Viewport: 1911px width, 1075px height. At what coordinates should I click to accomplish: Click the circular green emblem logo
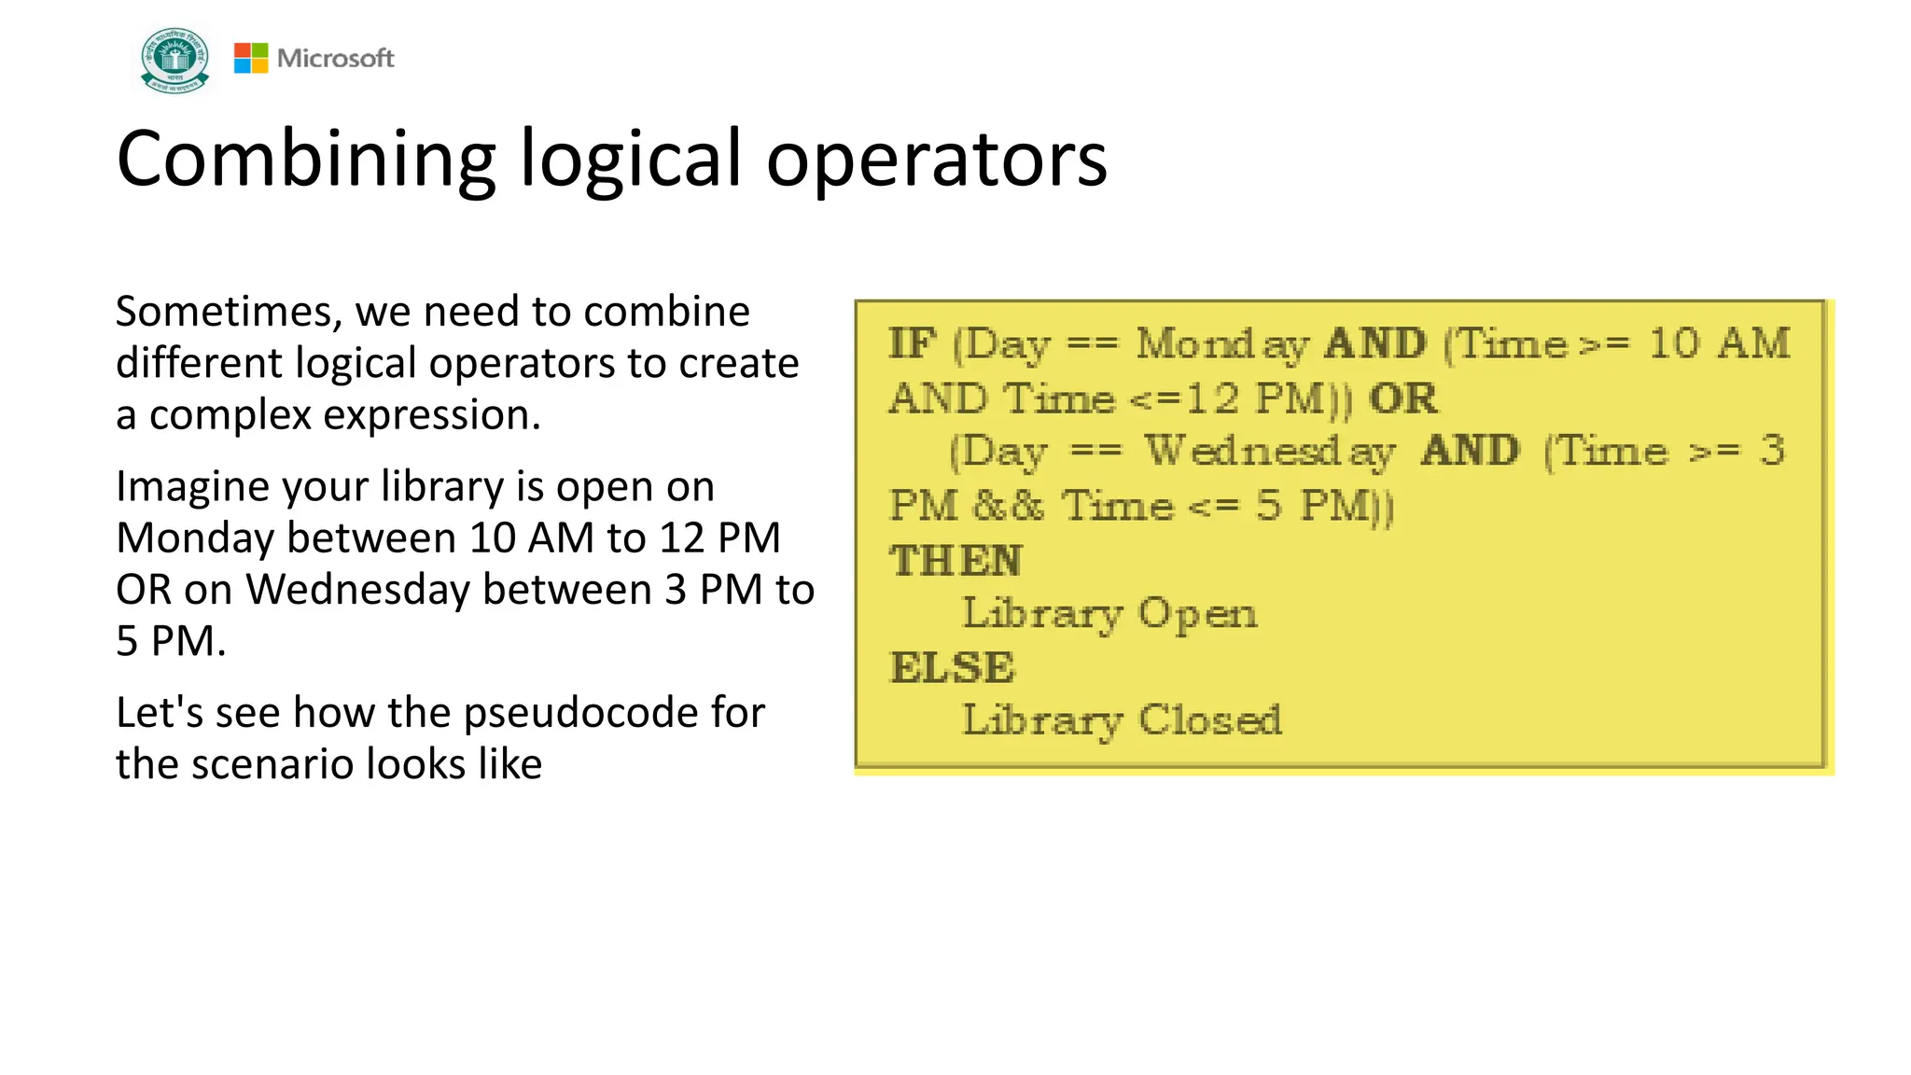click(174, 60)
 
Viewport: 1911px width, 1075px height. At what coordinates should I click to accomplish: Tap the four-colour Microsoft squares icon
click(250, 58)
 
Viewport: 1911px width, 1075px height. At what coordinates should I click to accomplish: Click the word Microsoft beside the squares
click(335, 58)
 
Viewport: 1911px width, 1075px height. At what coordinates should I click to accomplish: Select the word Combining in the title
click(305, 160)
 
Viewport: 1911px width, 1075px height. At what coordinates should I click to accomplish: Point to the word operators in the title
click(936, 160)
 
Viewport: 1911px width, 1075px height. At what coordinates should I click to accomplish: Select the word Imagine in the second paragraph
click(192, 487)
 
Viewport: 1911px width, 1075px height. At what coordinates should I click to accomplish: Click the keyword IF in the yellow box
click(912, 343)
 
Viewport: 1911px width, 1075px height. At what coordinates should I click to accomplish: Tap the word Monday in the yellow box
click(1222, 344)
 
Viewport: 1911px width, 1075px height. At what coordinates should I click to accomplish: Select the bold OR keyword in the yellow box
click(1402, 398)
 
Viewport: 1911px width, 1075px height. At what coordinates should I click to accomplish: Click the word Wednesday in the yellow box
click(1270, 452)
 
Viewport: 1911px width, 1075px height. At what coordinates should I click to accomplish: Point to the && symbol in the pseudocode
click(1008, 506)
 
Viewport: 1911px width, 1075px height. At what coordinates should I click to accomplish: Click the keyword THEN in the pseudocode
click(955, 561)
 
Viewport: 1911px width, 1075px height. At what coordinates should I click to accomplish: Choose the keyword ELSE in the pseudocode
click(953, 667)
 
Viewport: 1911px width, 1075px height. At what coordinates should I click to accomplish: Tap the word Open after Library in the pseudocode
click(1197, 614)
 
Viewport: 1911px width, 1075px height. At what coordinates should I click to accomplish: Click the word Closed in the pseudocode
click(1209, 720)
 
